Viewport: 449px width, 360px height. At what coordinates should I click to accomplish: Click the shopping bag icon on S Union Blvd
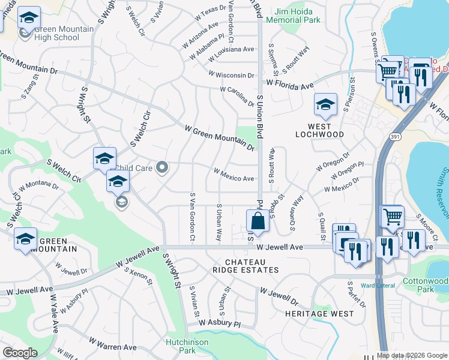[x=258, y=220]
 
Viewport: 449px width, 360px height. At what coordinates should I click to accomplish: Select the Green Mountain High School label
[x=64, y=33]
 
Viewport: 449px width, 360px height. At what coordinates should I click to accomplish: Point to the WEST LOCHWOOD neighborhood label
[x=319, y=130]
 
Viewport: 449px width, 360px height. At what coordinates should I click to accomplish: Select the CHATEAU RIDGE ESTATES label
[x=252, y=266]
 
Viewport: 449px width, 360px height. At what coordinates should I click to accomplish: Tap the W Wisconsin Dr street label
[x=231, y=74]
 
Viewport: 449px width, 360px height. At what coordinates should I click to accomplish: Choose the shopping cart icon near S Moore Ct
[x=393, y=215]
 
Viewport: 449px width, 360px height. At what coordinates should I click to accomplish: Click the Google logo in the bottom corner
[x=20, y=353]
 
